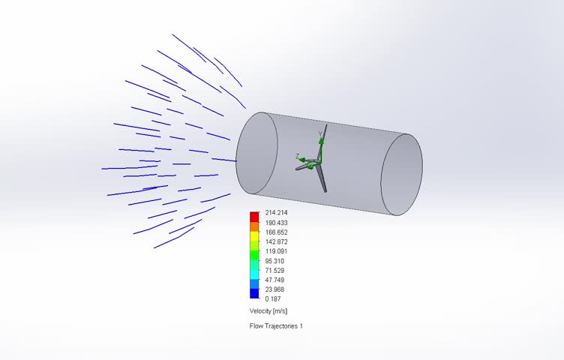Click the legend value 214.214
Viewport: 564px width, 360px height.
click(x=277, y=213)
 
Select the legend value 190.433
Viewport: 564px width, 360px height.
click(x=277, y=223)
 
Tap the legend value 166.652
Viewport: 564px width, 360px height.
click(x=277, y=232)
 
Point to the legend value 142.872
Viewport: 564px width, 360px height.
click(x=277, y=242)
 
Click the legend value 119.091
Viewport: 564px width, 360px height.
click(x=277, y=251)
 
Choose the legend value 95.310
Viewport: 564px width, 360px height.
click(x=275, y=261)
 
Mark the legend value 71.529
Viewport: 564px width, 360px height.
click(x=275, y=270)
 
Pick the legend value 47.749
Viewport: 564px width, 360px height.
click(x=275, y=280)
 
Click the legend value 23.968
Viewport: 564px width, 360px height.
click(x=275, y=289)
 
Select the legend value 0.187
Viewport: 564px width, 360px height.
click(x=274, y=298)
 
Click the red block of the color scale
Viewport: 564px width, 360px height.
click(x=254, y=217)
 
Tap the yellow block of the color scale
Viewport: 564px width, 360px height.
click(x=254, y=235)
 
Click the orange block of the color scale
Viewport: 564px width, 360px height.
click(x=254, y=226)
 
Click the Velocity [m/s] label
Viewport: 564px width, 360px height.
click(x=268, y=310)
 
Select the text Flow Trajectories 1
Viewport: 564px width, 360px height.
click(x=276, y=326)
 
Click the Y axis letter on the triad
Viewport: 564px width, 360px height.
click(x=319, y=134)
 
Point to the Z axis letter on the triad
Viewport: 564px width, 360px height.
click(x=298, y=156)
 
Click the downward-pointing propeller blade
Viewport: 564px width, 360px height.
click(x=322, y=180)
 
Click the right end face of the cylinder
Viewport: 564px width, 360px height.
click(x=401, y=175)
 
